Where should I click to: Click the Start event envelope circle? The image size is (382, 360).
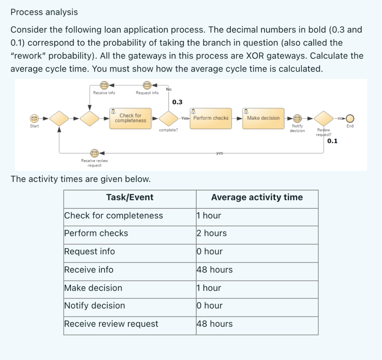coord(34,119)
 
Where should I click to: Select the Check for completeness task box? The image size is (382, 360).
coord(131,118)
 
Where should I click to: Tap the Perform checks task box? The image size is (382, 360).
coord(211,118)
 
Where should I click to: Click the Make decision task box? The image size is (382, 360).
coord(263,118)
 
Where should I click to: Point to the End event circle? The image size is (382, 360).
coord(350,119)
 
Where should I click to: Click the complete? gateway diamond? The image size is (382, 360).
coord(168,119)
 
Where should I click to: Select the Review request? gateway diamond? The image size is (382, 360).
coord(323,119)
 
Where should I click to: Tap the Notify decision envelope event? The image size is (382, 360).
coord(297,119)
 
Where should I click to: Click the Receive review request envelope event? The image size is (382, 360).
coord(94,152)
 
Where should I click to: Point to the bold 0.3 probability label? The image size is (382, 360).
coord(177,102)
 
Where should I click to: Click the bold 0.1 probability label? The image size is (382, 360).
coord(332,141)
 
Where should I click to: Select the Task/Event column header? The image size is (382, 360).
coord(130,198)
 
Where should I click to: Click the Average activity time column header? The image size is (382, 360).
coord(257,198)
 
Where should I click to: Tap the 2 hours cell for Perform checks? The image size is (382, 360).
coord(212,233)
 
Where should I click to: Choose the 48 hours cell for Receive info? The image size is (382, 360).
coord(215,269)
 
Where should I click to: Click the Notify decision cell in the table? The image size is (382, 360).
coord(95,306)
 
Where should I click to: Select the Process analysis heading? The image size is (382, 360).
coord(44,12)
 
